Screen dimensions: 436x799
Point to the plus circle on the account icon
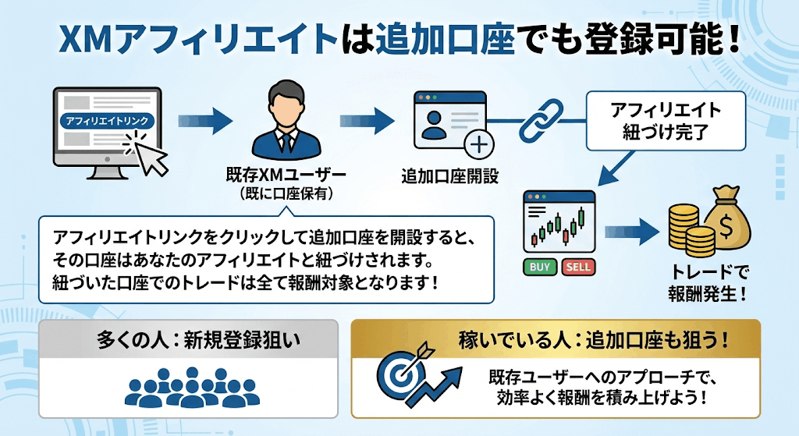pos(477,145)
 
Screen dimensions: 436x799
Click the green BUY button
pos(540,267)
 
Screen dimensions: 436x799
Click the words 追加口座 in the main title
pos(445,38)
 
